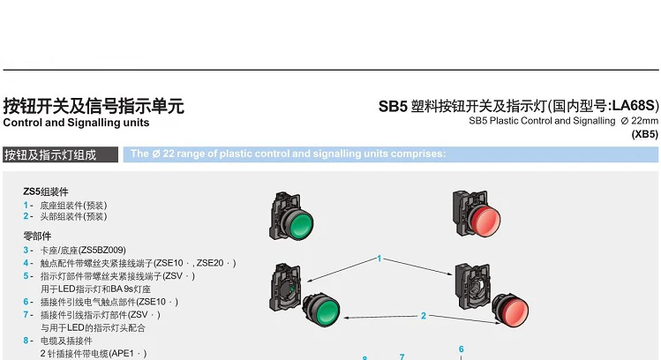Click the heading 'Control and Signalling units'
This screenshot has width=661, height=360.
click(x=76, y=123)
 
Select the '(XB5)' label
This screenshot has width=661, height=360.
click(x=644, y=134)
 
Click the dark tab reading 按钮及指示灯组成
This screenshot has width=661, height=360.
click(x=60, y=154)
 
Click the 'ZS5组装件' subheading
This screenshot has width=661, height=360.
click(x=46, y=191)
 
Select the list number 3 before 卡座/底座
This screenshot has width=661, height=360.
click(x=26, y=250)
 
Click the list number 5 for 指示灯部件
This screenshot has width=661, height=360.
click(x=26, y=276)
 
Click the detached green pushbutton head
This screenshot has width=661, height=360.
click(x=322, y=309)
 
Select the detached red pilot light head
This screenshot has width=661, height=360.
click(x=511, y=310)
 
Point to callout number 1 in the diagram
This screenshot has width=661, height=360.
click(x=379, y=259)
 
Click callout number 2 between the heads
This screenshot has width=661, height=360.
click(x=424, y=316)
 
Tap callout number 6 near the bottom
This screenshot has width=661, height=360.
click(x=462, y=349)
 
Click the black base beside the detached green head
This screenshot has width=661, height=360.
click(x=285, y=288)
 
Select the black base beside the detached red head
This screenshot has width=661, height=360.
click(x=472, y=287)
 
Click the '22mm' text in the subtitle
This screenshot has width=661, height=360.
click(x=644, y=121)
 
